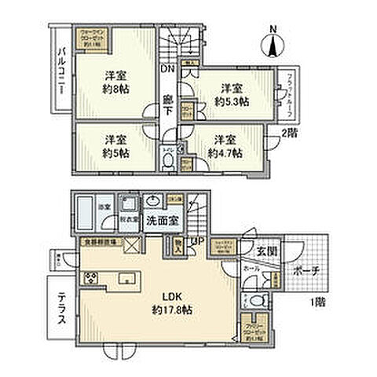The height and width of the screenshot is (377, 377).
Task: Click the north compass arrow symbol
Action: pyautogui.click(x=273, y=40)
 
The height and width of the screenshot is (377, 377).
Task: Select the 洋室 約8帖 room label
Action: pyautogui.click(x=115, y=82)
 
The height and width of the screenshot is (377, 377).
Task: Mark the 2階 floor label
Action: pyautogui.click(x=289, y=134)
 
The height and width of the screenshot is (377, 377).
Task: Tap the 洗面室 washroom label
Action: pyautogui.click(x=163, y=221)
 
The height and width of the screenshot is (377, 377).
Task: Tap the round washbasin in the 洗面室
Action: pyautogui.click(x=152, y=199)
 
